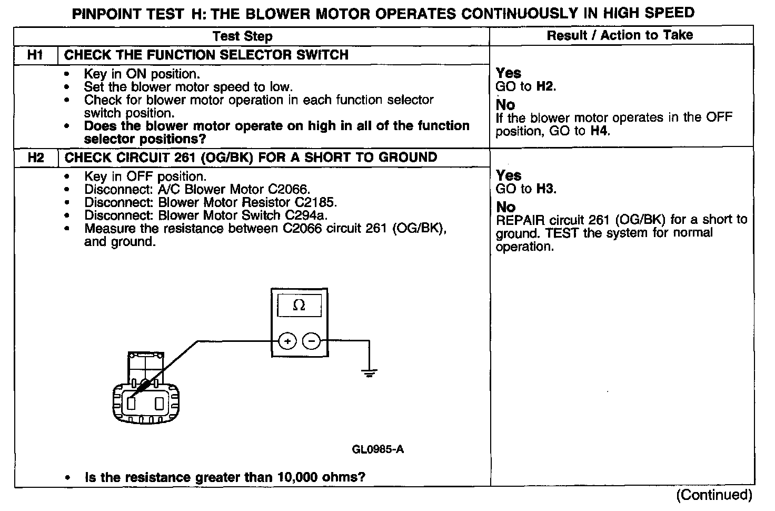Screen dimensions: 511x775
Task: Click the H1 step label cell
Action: [35, 55]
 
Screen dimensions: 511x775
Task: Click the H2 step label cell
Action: [35, 158]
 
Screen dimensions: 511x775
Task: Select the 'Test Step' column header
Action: [243, 36]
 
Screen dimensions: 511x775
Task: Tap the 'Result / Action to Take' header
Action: [620, 35]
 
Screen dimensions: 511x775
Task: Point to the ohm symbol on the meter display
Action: [299, 306]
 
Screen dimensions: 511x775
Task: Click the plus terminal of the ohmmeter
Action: [287, 341]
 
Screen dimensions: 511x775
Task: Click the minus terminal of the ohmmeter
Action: [312, 341]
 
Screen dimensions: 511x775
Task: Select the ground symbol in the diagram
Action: [369, 374]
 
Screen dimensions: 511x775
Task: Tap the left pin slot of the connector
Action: [131, 403]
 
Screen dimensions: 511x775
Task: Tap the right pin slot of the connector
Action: [160, 403]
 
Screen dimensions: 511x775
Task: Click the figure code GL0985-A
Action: [377, 449]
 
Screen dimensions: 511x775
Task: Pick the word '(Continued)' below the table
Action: [714, 495]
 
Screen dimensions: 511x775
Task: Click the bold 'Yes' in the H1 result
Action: [509, 73]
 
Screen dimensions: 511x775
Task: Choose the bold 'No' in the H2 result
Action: [506, 207]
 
